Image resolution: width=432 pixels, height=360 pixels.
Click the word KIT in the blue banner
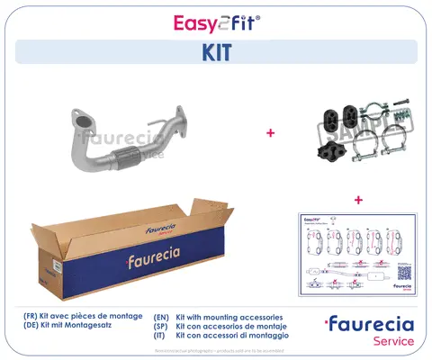(215, 53)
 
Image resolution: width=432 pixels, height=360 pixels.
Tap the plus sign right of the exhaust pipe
(269, 132)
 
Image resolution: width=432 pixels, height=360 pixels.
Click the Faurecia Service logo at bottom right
(370, 330)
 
